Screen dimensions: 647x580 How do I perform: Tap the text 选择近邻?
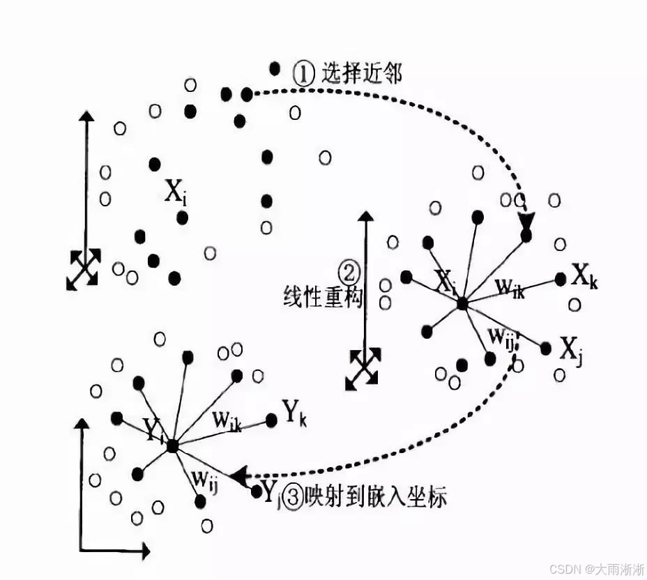tap(361, 73)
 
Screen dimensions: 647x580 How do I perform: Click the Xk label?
tap(585, 277)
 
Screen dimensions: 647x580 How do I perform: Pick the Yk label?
tap(294, 413)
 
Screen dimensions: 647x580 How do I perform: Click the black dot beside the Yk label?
tap(271, 420)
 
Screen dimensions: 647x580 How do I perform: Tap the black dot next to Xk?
tap(561, 279)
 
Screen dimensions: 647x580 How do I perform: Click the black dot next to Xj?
tap(545, 348)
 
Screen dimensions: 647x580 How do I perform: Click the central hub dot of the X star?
tap(462, 304)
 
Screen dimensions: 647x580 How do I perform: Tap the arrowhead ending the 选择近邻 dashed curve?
tap(526, 222)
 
